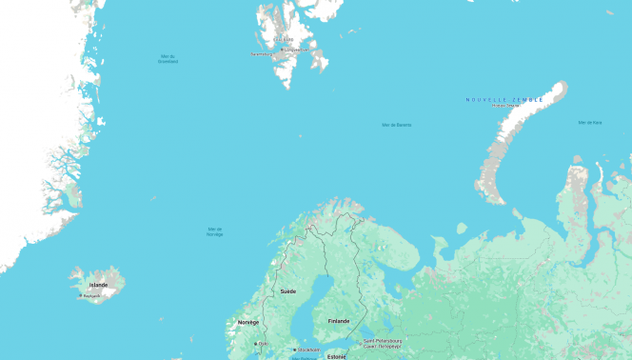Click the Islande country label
click(x=98, y=285)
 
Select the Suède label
click(x=287, y=290)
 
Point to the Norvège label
click(x=247, y=323)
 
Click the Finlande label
click(x=338, y=321)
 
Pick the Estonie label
click(x=336, y=356)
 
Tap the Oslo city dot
click(x=256, y=344)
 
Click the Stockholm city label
click(x=306, y=350)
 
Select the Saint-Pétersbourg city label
click(x=383, y=341)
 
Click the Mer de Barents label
click(x=397, y=125)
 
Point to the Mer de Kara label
click(x=590, y=122)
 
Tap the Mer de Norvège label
click(x=215, y=231)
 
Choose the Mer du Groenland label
click(x=168, y=58)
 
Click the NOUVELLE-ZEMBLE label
click(x=504, y=99)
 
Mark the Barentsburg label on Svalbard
click(x=262, y=54)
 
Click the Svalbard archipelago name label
click(x=284, y=39)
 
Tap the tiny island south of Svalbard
click(x=299, y=135)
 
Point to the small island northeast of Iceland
click(x=153, y=198)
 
